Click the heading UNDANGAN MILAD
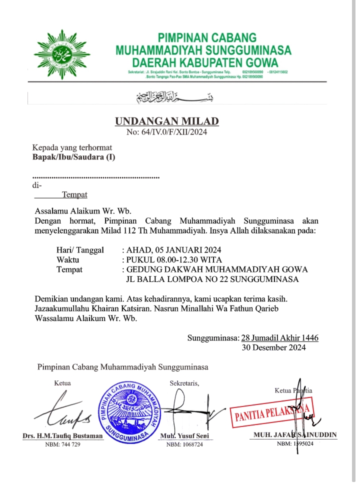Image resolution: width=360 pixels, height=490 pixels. click(x=167, y=121)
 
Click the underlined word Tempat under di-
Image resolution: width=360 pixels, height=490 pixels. click(x=74, y=194)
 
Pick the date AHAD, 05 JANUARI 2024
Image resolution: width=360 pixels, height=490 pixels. click(x=174, y=250)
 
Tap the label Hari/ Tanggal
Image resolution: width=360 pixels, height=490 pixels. click(x=80, y=250)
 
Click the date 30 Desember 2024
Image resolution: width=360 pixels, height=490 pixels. click(x=273, y=347)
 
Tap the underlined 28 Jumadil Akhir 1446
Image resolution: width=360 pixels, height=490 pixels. click(x=279, y=338)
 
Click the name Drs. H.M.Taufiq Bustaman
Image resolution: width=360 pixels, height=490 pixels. click(x=62, y=436)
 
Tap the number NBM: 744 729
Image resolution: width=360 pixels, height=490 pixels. click(x=62, y=444)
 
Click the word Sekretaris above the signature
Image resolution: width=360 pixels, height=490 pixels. click(x=184, y=383)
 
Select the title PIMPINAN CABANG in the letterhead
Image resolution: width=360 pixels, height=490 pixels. click(x=207, y=38)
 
